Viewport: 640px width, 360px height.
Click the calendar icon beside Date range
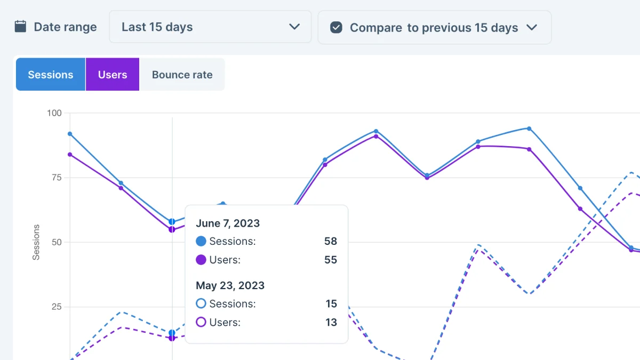[x=20, y=27]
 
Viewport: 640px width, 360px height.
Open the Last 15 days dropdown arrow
[x=294, y=27]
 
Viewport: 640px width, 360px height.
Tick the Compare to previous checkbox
[x=336, y=27]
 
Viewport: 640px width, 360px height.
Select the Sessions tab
[x=51, y=74]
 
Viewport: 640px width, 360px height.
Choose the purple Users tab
[x=113, y=74]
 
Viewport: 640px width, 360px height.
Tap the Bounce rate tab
[x=182, y=74]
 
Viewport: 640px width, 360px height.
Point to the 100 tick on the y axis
[x=54, y=113]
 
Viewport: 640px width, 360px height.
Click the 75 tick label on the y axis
[x=57, y=178]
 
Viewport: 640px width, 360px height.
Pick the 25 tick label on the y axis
[x=57, y=307]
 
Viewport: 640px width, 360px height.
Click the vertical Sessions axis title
[x=36, y=242]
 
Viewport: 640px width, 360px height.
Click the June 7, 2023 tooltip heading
[x=228, y=223]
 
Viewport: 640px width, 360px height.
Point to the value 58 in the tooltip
[x=331, y=241]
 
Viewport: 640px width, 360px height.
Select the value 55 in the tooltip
[x=331, y=260]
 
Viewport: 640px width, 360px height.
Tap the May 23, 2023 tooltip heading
[x=230, y=285]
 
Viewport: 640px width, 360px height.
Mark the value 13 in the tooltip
[x=331, y=322]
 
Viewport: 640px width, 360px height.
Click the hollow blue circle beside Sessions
[x=201, y=303]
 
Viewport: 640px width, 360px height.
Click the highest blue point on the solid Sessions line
[x=529, y=129]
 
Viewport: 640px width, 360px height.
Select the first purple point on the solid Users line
[x=70, y=155]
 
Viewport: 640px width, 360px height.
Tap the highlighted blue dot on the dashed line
[x=172, y=333]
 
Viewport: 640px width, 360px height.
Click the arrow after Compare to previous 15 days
[x=532, y=27]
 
